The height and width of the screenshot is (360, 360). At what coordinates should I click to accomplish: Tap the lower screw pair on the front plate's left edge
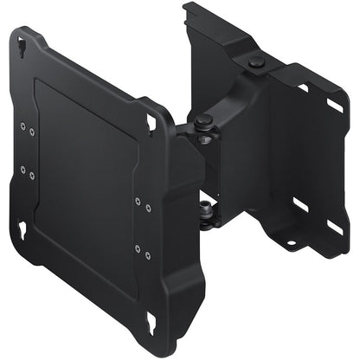[x=28, y=173]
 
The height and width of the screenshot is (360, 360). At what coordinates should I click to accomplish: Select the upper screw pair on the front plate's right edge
[x=141, y=204]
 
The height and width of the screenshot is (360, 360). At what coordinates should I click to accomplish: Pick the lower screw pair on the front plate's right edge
[x=142, y=252]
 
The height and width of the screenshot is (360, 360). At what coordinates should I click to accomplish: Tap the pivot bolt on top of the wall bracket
[x=254, y=62]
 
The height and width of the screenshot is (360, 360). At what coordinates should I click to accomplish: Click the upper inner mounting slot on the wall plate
[x=303, y=87]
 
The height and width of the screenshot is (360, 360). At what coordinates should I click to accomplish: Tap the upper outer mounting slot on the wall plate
[x=333, y=106]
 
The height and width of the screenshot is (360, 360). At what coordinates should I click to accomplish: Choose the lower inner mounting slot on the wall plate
[x=299, y=205]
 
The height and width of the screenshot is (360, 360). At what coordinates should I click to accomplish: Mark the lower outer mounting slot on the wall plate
[x=333, y=227]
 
